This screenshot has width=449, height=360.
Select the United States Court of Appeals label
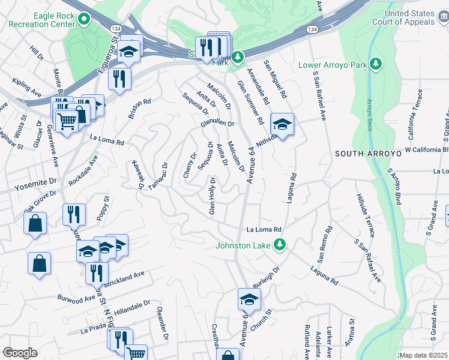point(409,17)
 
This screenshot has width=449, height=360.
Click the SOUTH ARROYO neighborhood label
point(358,154)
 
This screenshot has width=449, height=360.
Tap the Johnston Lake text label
point(245,244)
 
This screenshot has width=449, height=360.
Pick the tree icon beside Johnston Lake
point(279,244)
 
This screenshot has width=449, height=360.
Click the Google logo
point(20,353)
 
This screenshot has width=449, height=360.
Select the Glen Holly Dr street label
point(212,196)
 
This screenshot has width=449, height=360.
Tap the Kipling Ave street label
point(28,87)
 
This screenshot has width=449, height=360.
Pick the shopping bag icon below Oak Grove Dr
point(35,223)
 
